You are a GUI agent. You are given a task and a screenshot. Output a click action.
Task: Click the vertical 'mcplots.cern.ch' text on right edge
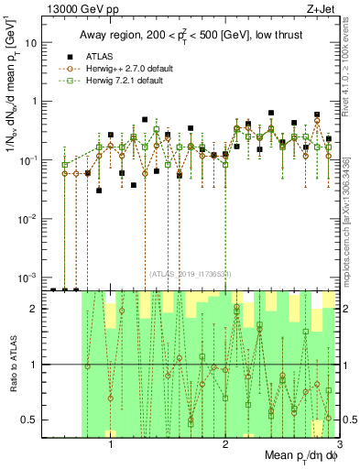(x=352, y=229)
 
